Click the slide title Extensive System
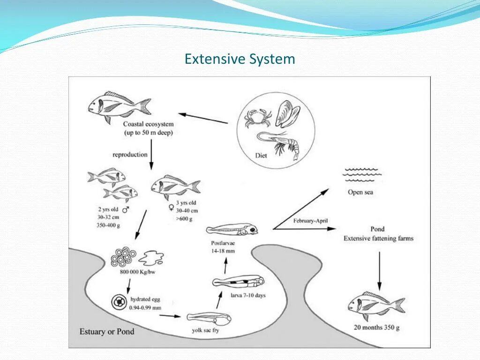[240, 60]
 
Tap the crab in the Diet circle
[258, 118]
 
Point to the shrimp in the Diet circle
[280, 142]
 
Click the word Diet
[261, 155]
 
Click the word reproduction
[130, 154]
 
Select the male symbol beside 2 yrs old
[126, 210]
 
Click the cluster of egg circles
[124, 256]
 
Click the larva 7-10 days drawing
[238, 282]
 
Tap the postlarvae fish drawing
[232, 230]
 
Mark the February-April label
[310, 221]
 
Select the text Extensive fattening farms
[378, 238]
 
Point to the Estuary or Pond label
[107, 331]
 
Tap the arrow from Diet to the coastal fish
[203, 118]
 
